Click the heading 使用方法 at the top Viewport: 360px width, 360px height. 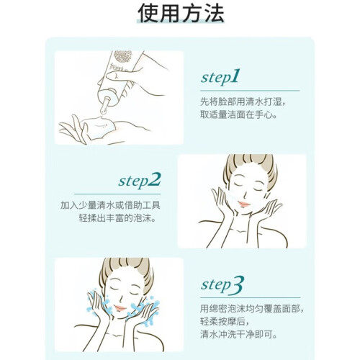click(181, 13)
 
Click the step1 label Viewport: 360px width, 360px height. click(220, 77)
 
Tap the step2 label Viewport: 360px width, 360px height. click(140, 181)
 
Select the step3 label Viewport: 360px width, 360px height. click(222, 285)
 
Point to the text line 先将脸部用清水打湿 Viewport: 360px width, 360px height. click(243, 102)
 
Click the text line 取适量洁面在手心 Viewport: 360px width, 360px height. click(239, 114)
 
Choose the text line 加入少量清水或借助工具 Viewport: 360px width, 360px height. click(110, 205)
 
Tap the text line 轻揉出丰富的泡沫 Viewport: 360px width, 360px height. click(117, 218)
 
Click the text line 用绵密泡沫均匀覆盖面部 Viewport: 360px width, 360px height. click(252, 309)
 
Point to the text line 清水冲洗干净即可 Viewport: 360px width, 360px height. click(239, 334)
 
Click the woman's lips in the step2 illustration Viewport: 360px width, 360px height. click(244, 204)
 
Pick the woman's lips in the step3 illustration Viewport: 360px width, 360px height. click(120, 308)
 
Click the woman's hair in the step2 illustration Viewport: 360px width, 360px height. click(250, 166)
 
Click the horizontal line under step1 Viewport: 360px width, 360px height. click(250, 91)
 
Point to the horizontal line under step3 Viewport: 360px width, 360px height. click(251, 298)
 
